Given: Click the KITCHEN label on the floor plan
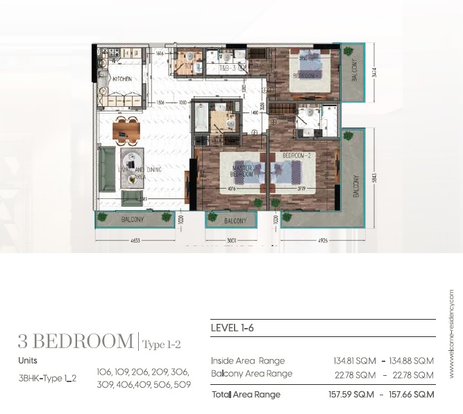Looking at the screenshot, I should click(122, 79).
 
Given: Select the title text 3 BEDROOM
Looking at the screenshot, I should click(76, 341).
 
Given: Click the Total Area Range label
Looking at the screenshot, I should click(246, 395).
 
